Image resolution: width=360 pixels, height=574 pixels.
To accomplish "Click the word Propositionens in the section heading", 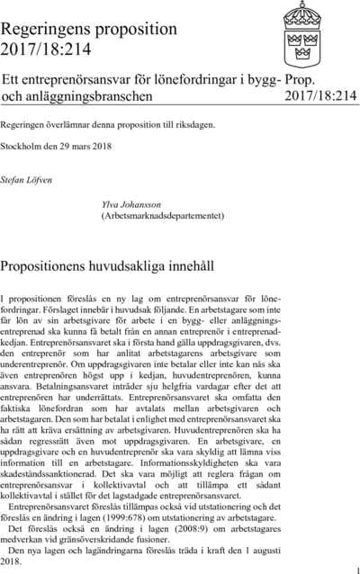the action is [x=60, y=267].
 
